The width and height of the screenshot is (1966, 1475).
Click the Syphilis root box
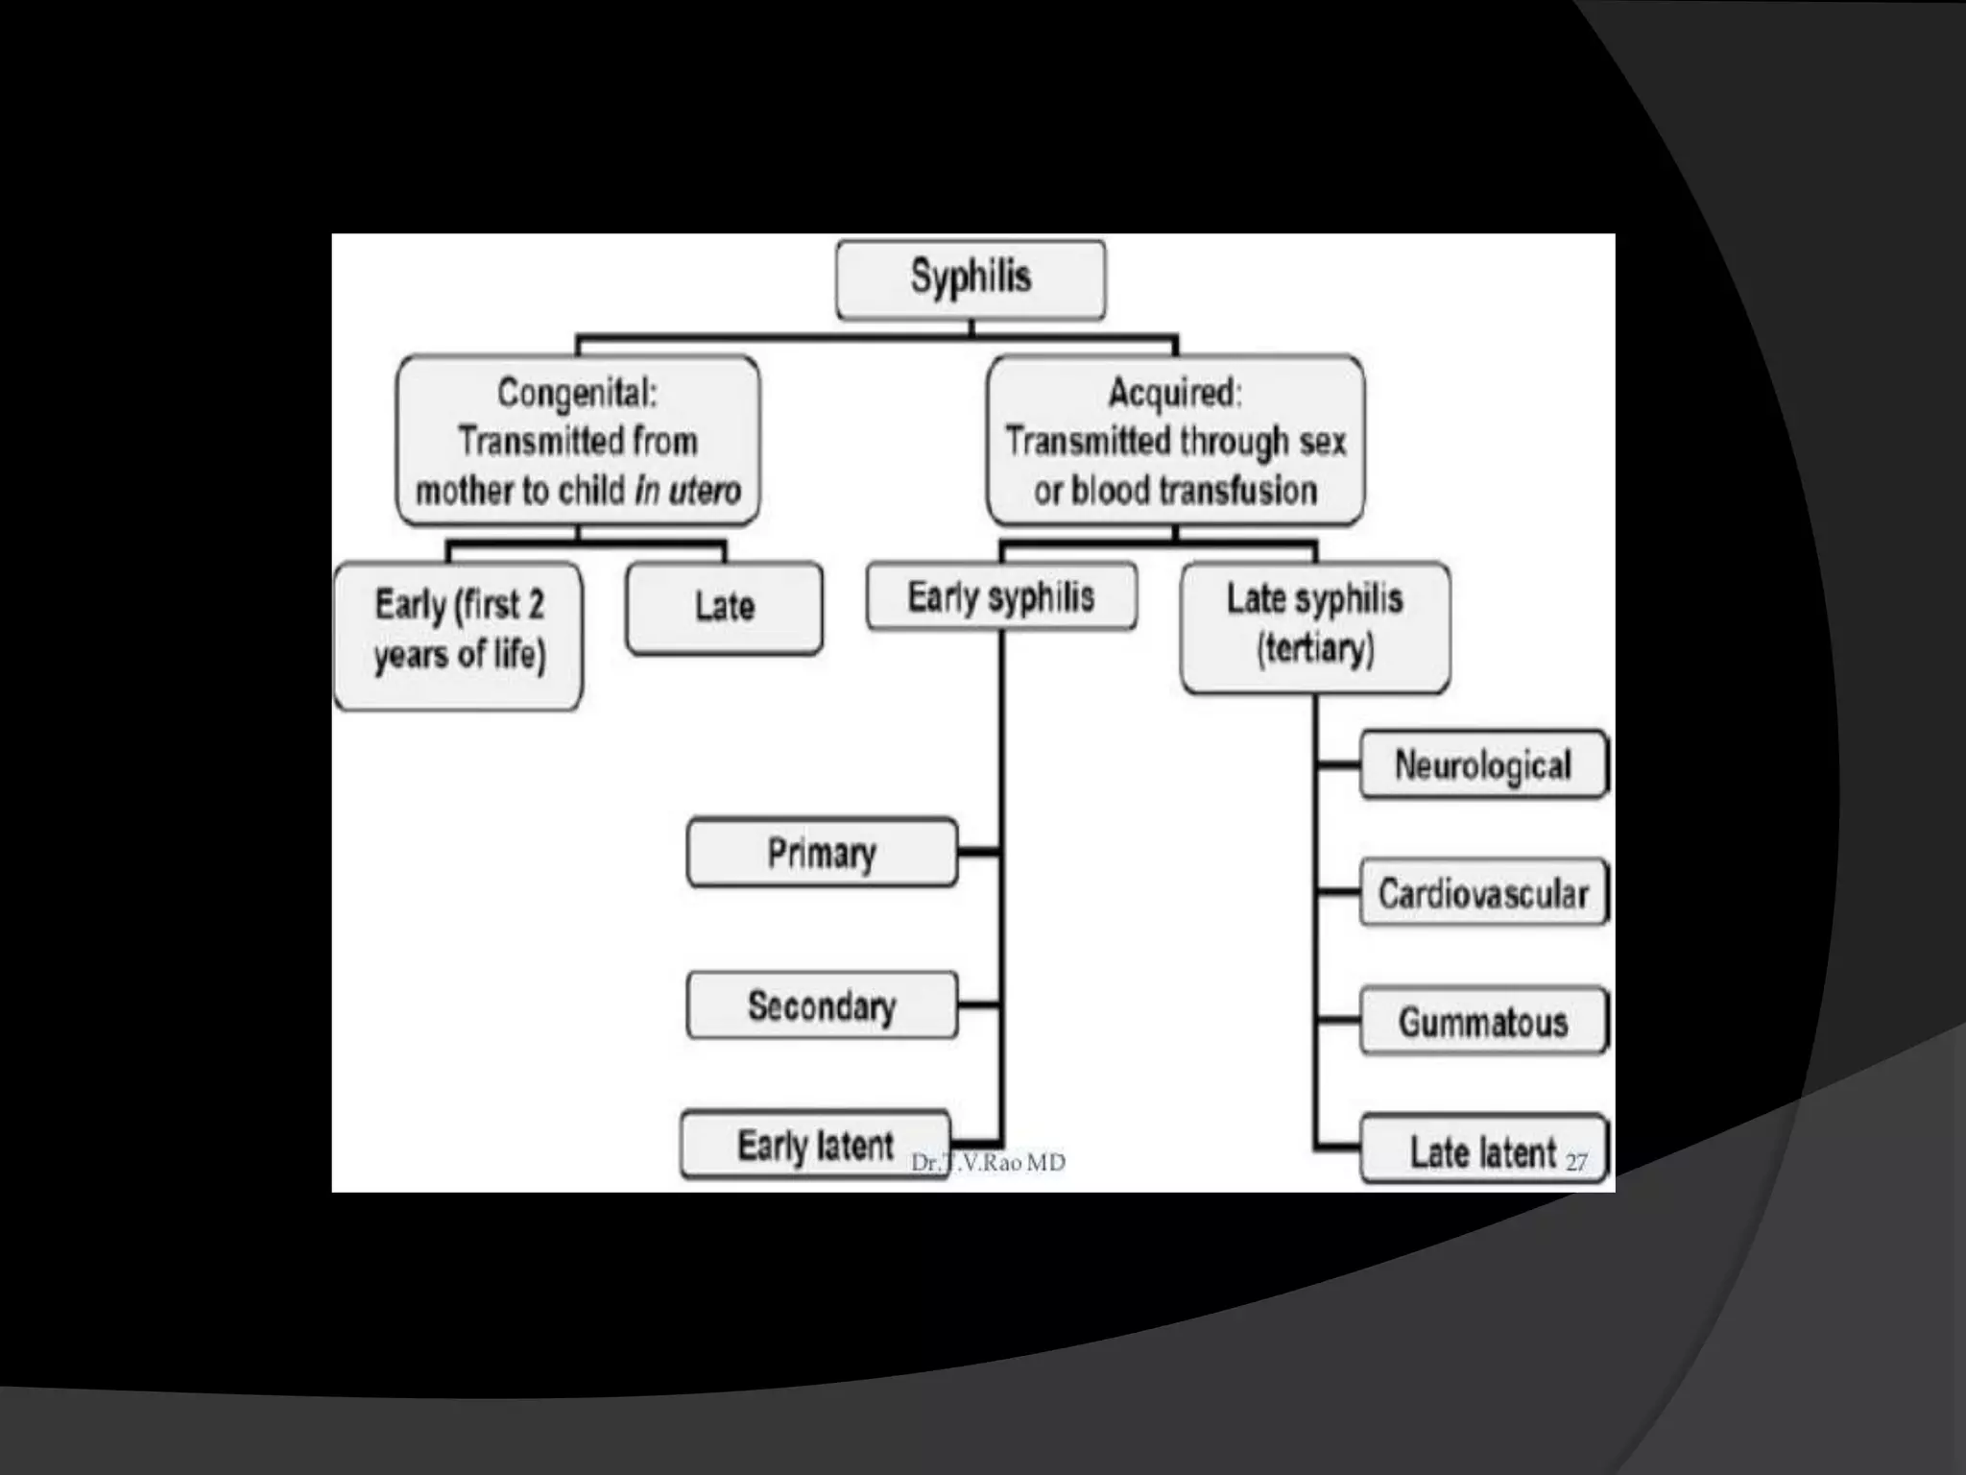971,278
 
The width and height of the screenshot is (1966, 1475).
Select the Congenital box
578,441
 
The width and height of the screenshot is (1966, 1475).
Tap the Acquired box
1175,441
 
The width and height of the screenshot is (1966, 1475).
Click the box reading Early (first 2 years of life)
459,634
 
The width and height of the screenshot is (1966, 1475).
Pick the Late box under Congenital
725,608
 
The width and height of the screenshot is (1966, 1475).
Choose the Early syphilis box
1001,597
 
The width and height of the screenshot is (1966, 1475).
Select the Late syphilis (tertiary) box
1314,625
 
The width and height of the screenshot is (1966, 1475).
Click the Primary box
822,853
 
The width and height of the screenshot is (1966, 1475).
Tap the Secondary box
822,1005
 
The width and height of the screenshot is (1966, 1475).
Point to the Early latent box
814,1146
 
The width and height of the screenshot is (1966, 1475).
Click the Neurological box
1482,765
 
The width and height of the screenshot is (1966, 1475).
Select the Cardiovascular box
1482,893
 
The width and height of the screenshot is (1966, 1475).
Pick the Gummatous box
1482,1022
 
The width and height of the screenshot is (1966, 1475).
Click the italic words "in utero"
688,491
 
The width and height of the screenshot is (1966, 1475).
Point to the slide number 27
1576,1163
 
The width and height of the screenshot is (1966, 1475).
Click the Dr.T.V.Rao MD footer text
988,1163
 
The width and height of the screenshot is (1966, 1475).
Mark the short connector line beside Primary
979,852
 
